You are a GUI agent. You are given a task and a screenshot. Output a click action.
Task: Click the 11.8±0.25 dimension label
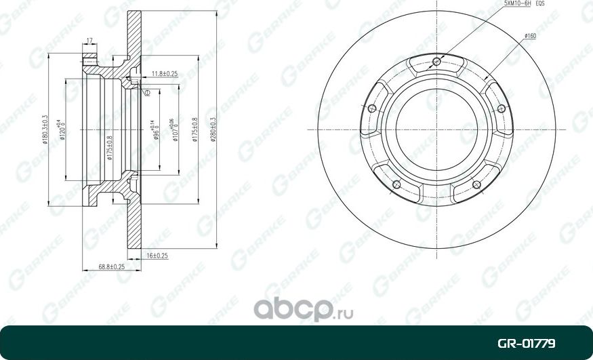(164, 73)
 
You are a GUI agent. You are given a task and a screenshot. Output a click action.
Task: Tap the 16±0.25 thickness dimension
(157, 257)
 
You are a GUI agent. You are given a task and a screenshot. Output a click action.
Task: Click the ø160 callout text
(530, 35)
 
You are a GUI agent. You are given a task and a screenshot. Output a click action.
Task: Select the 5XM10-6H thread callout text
(517, 4)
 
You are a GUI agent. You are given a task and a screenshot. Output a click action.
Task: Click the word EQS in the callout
(540, 4)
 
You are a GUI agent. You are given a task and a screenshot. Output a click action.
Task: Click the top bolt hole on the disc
(436, 63)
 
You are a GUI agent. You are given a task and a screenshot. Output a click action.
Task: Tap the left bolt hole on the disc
(371, 108)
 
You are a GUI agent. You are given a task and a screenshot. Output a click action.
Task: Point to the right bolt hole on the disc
(501, 108)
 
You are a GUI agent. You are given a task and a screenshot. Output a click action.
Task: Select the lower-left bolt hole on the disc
(397, 184)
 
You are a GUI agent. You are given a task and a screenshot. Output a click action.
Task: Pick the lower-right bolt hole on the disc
(476, 184)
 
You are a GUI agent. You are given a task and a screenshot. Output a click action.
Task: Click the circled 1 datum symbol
(146, 92)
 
